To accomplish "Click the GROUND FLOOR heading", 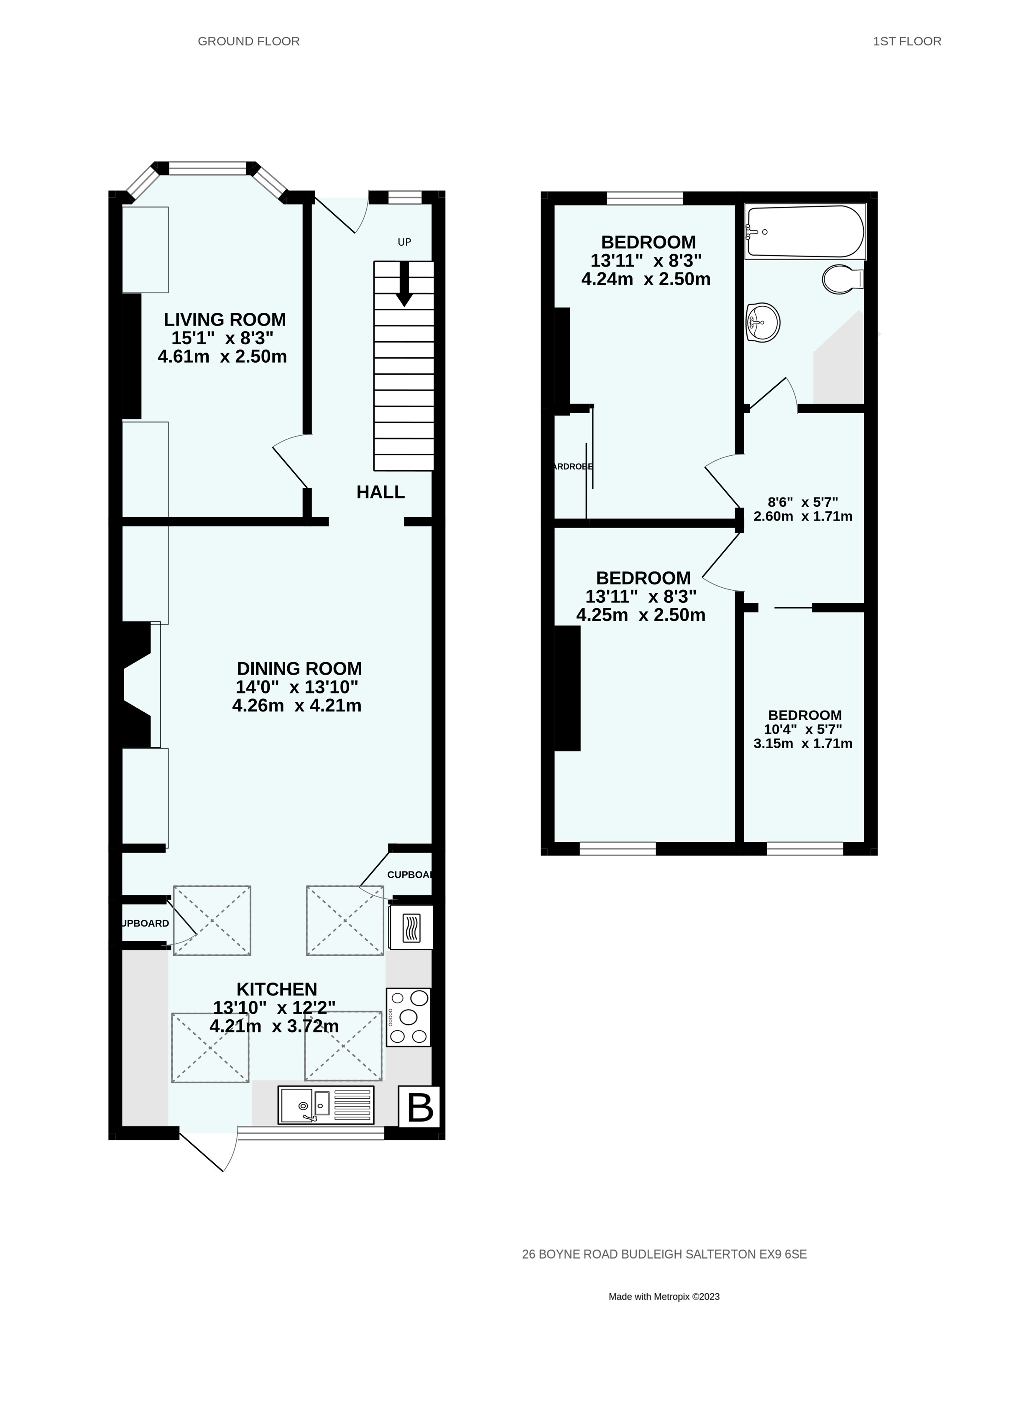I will coord(248,41).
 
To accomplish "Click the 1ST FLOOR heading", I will coord(906,41).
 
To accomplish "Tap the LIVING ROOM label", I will coord(225,319).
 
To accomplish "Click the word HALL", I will coord(380,492).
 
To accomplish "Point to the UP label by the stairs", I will coord(404,242).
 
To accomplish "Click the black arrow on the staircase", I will coord(404,284).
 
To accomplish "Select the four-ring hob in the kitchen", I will coord(408,1017).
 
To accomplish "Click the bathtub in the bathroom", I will coord(804,231).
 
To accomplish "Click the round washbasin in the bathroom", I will coord(763,323).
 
